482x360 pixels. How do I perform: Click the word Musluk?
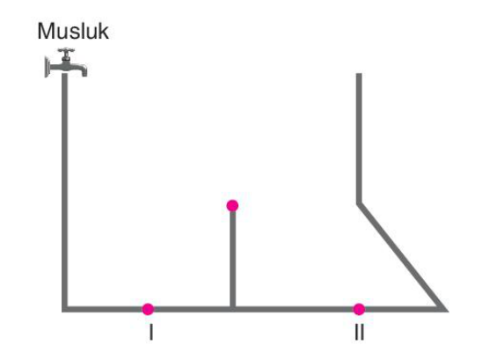(x=73, y=32)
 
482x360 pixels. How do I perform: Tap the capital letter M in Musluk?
(x=45, y=32)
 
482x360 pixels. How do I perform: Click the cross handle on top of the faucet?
(x=66, y=50)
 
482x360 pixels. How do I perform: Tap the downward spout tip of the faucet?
(x=84, y=74)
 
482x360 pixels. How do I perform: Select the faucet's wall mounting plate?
(x=47, y=67)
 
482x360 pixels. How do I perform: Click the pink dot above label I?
(x=148, y=309)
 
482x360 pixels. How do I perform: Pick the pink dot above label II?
(x=359, y=309)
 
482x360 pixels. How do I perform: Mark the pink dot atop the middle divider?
(x=232, y=206)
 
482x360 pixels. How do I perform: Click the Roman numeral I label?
(x=151, y=332)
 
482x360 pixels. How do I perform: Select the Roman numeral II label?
(x=359, y=332)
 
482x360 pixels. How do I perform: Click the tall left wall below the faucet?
(x=65, y=191)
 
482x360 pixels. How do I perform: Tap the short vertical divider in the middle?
(x=233, y=259)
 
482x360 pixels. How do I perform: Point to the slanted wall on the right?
(x=401, y=256)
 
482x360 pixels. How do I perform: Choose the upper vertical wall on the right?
(x=359, y=138)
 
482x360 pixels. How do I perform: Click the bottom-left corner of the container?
(x=64, y=310)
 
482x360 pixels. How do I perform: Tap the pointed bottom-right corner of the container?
(x=446, y=311)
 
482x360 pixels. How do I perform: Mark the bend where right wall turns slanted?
(x=359, y=203)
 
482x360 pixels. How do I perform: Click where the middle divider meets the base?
(x=233, y=309)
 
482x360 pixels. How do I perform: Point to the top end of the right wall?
(x=359, y=74)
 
